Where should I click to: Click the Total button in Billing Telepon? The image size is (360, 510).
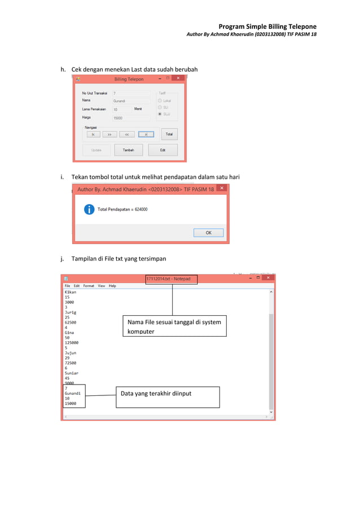click(169, 134)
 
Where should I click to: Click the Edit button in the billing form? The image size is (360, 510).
click(163, 150)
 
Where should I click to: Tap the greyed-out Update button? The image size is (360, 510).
click(96, 150)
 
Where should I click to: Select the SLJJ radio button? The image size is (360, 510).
click(160, 114)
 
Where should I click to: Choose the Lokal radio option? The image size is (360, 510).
click(160, 101)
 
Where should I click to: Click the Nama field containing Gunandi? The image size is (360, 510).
click(131, 101)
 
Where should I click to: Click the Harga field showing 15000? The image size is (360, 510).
click(131, 118)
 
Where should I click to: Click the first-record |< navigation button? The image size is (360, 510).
click(93, 134)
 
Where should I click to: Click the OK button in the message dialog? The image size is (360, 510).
click(208, 233)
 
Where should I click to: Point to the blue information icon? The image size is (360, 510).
click(89, 210)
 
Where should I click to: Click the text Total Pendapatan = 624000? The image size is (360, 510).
click(122, 210)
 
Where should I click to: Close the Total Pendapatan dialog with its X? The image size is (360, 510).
click(222, 188)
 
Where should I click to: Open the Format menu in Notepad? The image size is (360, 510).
click(89, 286)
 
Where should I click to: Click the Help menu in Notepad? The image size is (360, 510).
click(112, 286)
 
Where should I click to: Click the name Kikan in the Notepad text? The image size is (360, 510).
click(71, 292)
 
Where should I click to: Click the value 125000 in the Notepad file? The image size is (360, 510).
click(72, 342)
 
